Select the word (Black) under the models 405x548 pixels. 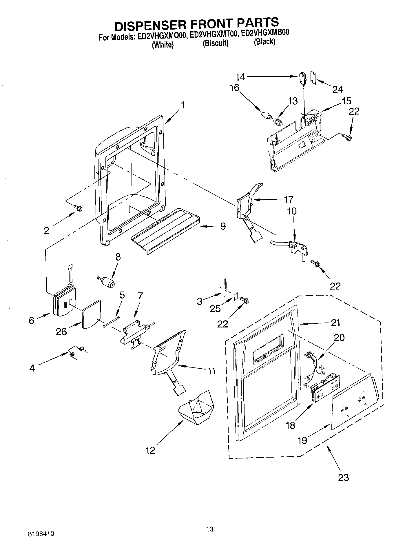click(264, 42)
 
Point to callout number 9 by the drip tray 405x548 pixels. click(222, 226)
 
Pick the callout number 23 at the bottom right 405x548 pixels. click(343, 477)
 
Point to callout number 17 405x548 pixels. click(288, 199)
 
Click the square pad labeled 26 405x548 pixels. click(92, 314)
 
